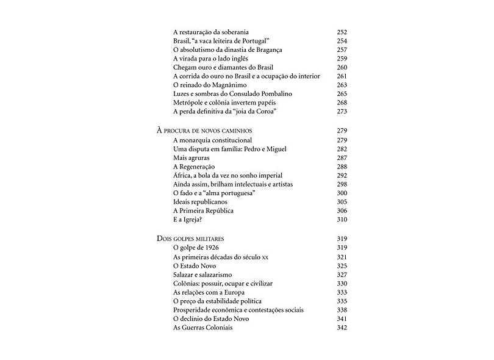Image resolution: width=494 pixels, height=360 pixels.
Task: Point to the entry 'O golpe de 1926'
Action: [196, 248]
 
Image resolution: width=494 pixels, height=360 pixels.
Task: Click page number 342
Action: [342, 328]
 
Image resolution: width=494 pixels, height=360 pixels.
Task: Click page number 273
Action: [342, 112]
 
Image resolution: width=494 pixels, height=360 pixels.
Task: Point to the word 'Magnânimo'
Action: [224, 85]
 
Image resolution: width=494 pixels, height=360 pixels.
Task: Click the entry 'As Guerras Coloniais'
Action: [203, 328]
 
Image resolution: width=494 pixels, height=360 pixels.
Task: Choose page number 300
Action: [342, 193]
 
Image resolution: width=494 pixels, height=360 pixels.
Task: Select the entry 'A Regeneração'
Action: [195, 167]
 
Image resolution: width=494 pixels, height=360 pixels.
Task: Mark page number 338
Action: [342, 310]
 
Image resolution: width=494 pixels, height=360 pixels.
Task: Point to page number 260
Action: [342, 67]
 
